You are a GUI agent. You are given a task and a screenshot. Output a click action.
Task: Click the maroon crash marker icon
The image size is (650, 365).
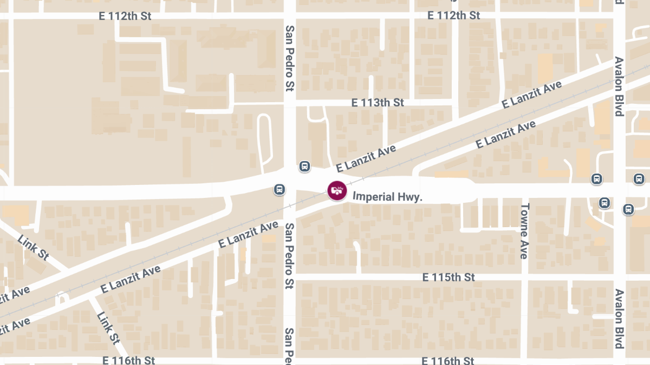pos(336,190)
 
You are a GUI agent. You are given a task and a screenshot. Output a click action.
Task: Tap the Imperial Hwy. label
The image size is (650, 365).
pos(387,197)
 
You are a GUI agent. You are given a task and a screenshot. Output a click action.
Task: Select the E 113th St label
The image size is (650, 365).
pos(378,102)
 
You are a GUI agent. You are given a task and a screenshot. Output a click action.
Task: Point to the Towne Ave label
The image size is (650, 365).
pos(524,231)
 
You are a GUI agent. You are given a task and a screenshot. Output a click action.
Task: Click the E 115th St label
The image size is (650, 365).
pos(448,277)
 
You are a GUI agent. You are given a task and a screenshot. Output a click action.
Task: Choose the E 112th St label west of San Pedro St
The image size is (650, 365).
pos(125,16)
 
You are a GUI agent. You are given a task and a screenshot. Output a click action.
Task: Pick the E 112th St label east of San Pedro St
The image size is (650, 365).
pos(453,15)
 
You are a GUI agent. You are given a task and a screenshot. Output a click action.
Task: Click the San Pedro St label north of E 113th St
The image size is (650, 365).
pos(290,58)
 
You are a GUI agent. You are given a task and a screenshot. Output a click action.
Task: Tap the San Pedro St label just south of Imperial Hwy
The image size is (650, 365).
pos(290,255)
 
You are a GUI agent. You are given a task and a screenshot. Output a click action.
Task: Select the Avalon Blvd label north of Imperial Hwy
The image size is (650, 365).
pos(619,87)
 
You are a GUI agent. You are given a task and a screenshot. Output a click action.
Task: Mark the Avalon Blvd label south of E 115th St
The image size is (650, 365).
pos(619,319)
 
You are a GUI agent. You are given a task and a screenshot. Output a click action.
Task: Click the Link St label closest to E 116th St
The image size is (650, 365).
pos(108,327)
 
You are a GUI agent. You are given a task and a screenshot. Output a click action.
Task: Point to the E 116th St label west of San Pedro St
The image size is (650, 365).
pos(128,360)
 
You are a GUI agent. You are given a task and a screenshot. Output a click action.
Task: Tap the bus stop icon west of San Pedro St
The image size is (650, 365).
pos(279,189)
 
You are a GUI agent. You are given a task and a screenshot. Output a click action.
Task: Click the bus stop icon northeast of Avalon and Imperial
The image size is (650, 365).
pos(639,179)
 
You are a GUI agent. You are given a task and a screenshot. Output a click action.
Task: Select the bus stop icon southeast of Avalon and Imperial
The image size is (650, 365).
pos(628,208)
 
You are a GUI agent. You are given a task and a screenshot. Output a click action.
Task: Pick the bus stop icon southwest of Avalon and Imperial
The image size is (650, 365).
pos(604,203)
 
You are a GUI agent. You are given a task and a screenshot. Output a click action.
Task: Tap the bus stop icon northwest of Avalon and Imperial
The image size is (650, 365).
pos(596,179)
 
